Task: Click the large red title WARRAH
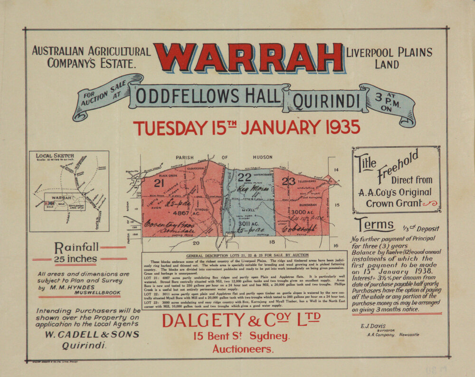point(248,58)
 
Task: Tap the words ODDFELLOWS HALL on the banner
point(208,97)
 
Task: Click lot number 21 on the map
point(159,183)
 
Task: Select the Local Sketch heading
point(55,155)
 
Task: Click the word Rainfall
point(76,247)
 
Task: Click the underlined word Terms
point(374,224)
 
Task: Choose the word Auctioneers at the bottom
point(243,349)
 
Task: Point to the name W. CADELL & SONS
point(92,334)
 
